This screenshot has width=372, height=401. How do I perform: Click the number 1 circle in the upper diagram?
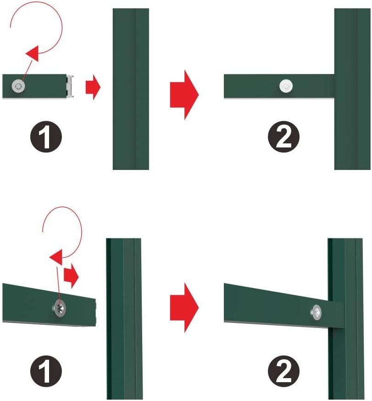pos(46,136)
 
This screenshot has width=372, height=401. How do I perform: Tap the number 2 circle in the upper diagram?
pos(283,136)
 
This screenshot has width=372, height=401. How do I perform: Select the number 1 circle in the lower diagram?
pos(46,371)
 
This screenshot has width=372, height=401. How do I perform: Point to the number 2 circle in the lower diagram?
pos(283,371)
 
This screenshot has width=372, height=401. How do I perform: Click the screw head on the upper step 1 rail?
pos(18,86)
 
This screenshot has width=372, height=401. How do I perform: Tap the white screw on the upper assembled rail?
pos(286,86)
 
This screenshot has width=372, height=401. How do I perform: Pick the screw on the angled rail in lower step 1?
pos(60,308)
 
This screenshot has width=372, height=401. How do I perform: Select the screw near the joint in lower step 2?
pos(316,312)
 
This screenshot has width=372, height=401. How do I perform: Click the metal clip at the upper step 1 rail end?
pos(70,86)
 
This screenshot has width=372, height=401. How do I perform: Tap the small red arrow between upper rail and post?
pos(93,87)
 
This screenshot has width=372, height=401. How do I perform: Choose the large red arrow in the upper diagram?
pos(184,95)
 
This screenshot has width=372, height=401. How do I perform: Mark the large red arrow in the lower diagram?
pos(184,308)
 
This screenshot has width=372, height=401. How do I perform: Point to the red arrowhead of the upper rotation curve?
pos(33,53)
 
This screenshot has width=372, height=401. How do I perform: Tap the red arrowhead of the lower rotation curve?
pos(56,257)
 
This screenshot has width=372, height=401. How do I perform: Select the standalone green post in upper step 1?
pos(131,89)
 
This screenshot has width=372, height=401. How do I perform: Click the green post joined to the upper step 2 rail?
pos(352,89)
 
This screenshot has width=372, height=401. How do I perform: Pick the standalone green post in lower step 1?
pos(124,319)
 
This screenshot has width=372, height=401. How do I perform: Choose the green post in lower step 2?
pos(346,319)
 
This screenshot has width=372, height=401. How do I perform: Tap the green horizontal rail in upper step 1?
pos(35,86)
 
